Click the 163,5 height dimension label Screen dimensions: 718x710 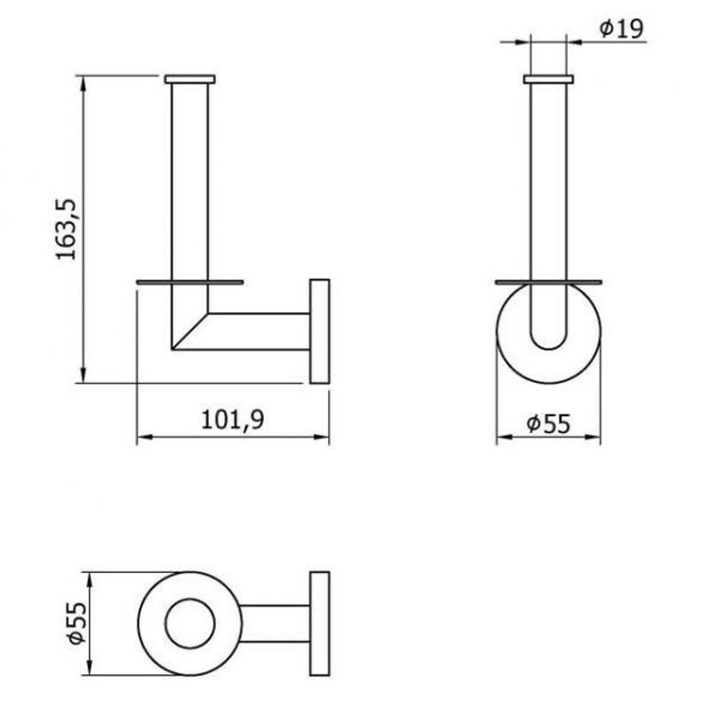pyautogui.click(x=66, y=229)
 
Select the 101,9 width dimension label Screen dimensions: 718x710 pyautogui.click(x=233, y=419)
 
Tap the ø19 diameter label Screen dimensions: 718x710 pyautogui.click(x=621, y=29)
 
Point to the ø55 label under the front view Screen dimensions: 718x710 pyautogui.click(x=548, y=423)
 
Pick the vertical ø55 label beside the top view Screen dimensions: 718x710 pyautogui.click(x=77, y=623)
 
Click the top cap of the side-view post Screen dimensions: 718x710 pyautogui.click(x=190, y=79)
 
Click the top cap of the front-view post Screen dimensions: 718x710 pyautogui.click(x=549, y=79)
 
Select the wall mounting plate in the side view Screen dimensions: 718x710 pyautogui.click(x=320, y=331)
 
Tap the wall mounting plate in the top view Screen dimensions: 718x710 pyautogui.click(x=320, y=623)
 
